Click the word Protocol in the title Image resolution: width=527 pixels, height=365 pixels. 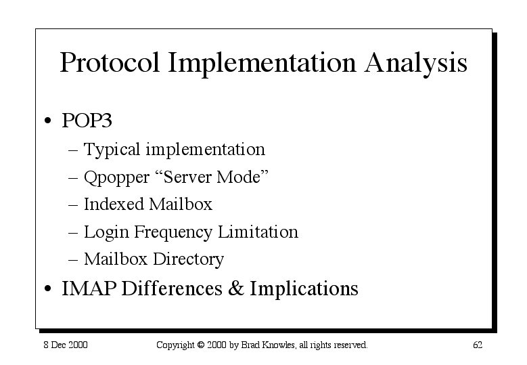109,62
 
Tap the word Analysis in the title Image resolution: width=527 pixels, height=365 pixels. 416,63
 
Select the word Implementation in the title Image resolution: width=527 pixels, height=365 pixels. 262,63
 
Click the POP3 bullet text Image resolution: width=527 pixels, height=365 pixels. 87,120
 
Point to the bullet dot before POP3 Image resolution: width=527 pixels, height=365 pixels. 48,121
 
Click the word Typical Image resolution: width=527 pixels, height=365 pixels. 112,150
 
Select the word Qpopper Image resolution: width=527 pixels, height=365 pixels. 116,177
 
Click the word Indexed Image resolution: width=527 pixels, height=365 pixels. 114,205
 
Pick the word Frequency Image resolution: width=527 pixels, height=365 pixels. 173,232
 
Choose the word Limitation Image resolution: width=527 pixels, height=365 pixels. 258,232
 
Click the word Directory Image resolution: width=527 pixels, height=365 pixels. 188,260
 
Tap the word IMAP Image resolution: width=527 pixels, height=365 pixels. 89,288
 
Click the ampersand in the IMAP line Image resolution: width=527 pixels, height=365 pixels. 236,288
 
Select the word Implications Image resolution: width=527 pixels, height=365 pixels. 304,289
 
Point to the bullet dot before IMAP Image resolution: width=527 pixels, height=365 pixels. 48,288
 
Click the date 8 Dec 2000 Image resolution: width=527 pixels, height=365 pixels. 66,345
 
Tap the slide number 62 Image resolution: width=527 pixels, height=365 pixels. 478,345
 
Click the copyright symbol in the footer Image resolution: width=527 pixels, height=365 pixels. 201,345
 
